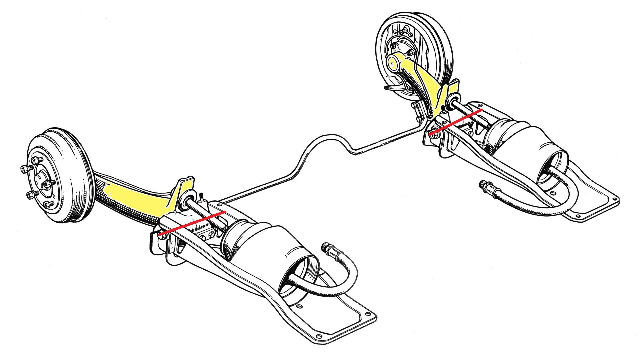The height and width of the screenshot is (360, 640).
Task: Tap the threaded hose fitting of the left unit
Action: point(326,248)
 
